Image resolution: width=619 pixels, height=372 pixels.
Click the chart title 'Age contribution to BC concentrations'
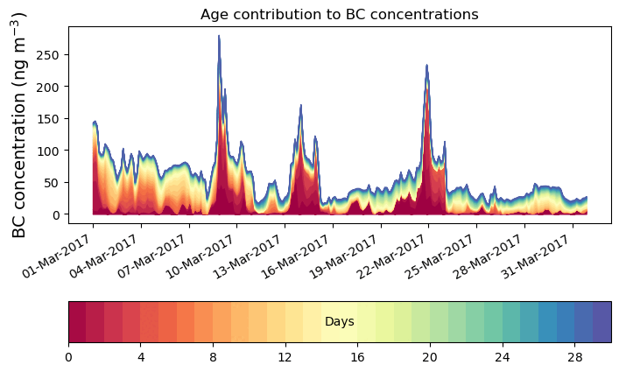pos(339,14)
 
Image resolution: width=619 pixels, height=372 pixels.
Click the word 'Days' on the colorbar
pos(339,322)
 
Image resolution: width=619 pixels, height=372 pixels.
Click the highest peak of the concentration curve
pos(219,37)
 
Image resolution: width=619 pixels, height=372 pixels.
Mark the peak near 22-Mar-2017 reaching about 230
pos(426,66)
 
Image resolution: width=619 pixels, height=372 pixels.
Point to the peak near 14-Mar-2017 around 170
pos(301,106)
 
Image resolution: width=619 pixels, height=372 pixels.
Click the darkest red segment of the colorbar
pos(77,322)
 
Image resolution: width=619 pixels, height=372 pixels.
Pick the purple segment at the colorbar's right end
pos(601,322)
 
